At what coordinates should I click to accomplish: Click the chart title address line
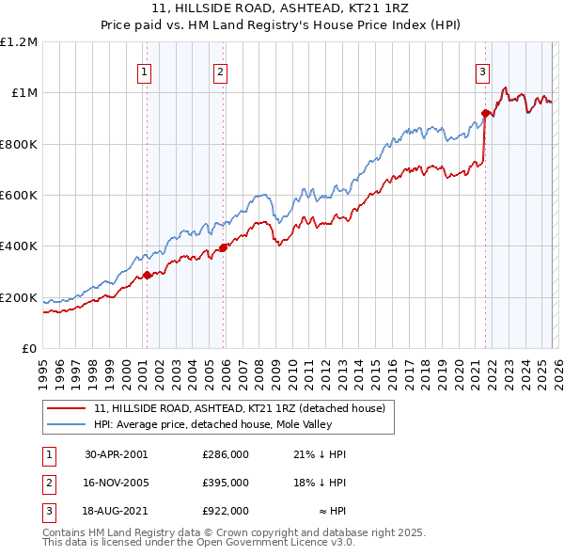[x=281, y=8]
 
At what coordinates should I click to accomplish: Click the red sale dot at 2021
[x=486, y=113]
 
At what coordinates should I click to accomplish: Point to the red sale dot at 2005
[x=224, y=247]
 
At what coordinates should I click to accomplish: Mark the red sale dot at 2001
[x=148, y=276]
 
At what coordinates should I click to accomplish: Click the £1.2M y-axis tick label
[x=19, y=42]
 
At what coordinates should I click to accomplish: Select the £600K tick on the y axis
[x=19, y=196]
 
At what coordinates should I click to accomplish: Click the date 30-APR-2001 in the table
[x=116, y=454]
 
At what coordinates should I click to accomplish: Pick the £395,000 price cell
[x=226, y=483]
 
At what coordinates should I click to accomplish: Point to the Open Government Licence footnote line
[x=198, y=543]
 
